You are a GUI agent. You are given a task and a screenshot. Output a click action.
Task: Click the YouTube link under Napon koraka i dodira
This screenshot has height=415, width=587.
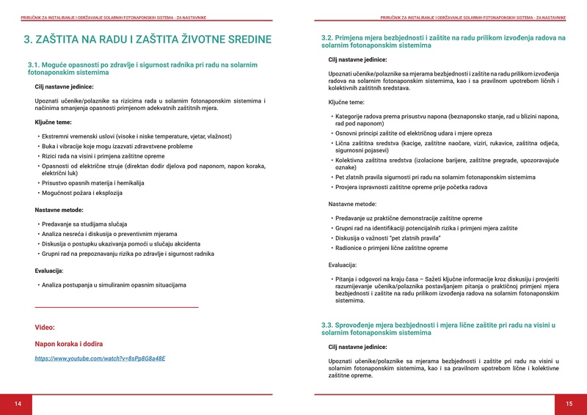click(x=101, y=359)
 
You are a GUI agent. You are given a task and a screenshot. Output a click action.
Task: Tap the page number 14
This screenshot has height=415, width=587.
click(x=18, y=404)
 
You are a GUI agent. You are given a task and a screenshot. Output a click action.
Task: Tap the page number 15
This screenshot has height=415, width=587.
click(x=569, y=404)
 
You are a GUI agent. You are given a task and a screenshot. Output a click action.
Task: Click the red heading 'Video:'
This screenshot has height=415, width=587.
click(x=45, y=327)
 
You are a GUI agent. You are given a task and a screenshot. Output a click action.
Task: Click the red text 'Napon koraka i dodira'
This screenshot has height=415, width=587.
click(x=69, y=343)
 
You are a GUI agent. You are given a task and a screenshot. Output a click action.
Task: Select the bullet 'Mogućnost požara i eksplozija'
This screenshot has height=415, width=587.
click(x=82, y=193)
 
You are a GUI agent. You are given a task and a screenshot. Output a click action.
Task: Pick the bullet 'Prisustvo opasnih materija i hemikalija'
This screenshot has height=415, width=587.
click(x=93, y=183)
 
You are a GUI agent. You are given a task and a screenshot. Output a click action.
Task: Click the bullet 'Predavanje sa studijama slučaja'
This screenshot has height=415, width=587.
click(x=85, y=223)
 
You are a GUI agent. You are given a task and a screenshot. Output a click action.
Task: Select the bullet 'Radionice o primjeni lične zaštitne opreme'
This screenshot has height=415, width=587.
click(x=391, y=248)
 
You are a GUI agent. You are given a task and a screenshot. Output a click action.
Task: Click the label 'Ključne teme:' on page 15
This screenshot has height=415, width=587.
click(x=346, y=102)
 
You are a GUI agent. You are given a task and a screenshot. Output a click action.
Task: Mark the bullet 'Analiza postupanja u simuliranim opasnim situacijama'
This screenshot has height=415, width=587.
click(x=114, y=284)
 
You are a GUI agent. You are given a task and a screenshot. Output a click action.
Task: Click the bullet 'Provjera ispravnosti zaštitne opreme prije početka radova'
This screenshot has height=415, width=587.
click(x=411, y=187)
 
